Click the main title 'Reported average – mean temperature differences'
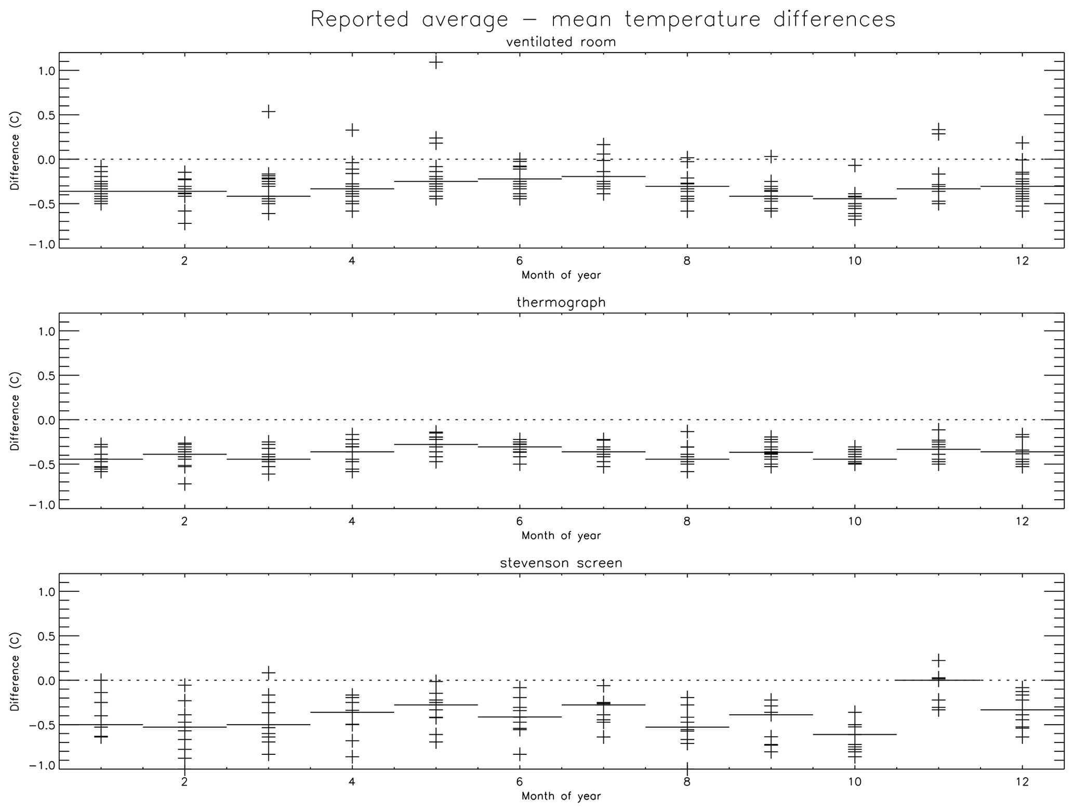pos(603,20)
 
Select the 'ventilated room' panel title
pos(561,42)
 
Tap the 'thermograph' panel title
pos(561,302)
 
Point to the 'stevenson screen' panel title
pos(561,563)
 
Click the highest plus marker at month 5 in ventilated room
pos(435,62)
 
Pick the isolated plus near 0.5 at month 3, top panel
pos(268,111)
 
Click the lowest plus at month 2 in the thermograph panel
pos(184,484)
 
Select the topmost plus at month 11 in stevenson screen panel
pos(938,660)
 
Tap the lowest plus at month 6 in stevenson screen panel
pos(520,754)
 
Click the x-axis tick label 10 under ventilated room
pos(855,261)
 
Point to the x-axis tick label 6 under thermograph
pos(520,521)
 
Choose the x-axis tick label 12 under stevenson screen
pos(1022,782)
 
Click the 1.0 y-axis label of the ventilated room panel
pos(47,71)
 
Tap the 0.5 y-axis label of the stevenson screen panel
pos(47,636)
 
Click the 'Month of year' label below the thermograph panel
pos(561,536)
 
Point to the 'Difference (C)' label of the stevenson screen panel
pos(15,671)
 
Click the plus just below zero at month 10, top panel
pos(855,165)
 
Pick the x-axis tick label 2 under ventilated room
pos(184,261)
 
